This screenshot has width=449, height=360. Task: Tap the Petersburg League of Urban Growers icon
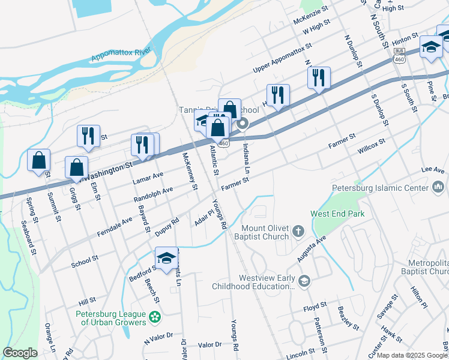pos(155,316)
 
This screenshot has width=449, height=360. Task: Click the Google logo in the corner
pos(20,353)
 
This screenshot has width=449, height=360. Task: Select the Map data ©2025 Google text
pos(411,355)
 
